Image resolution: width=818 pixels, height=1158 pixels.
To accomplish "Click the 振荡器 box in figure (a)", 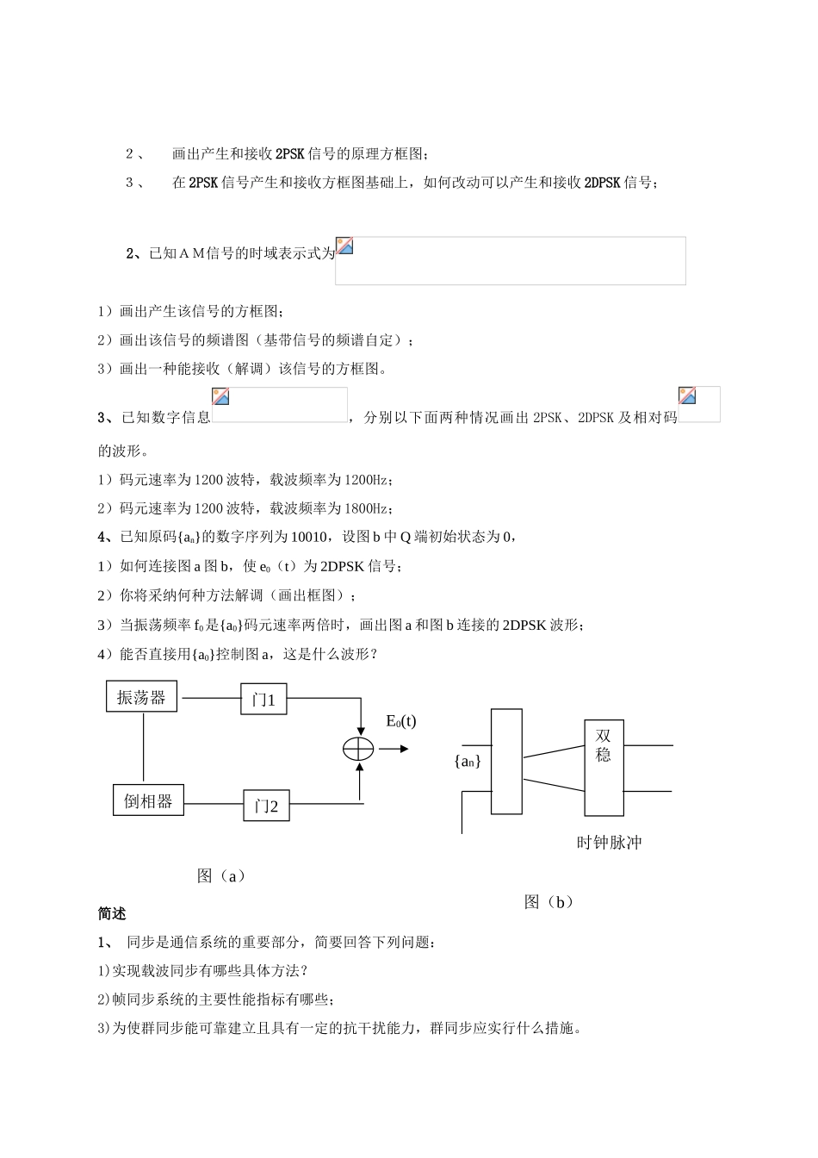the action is pos(141,697).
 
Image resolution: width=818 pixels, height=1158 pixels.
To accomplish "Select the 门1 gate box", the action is pos(263,700).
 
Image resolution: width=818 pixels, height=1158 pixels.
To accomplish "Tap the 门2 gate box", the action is pos(266,806).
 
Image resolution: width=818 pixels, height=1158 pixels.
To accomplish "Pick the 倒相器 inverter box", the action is pos(148,800).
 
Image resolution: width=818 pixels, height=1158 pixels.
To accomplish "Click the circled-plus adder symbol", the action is pos(357,749).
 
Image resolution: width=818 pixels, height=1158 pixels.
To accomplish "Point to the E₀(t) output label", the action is pos(400,721).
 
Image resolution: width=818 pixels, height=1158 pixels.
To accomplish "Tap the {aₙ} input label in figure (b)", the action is pos(468,761).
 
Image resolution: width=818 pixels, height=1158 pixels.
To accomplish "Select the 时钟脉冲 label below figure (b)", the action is pos(609,843).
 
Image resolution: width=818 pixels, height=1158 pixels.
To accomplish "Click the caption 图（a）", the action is pos(221,875).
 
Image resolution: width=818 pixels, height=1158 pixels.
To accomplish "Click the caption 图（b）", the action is pos(548,902).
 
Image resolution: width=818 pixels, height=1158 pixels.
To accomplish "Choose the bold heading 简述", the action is pos(112,913).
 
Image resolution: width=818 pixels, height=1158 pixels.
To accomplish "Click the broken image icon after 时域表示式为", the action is pos(344,246).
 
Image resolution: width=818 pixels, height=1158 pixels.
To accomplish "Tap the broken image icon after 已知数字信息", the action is pos(221,396).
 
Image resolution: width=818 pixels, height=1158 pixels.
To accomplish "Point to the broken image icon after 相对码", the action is pos(687,395).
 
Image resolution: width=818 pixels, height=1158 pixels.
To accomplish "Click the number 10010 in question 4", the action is pos(309,537).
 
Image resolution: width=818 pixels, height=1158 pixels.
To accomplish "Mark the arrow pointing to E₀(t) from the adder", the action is pos(393,749).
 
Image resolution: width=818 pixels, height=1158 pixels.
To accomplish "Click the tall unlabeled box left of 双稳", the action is pos(506,761).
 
